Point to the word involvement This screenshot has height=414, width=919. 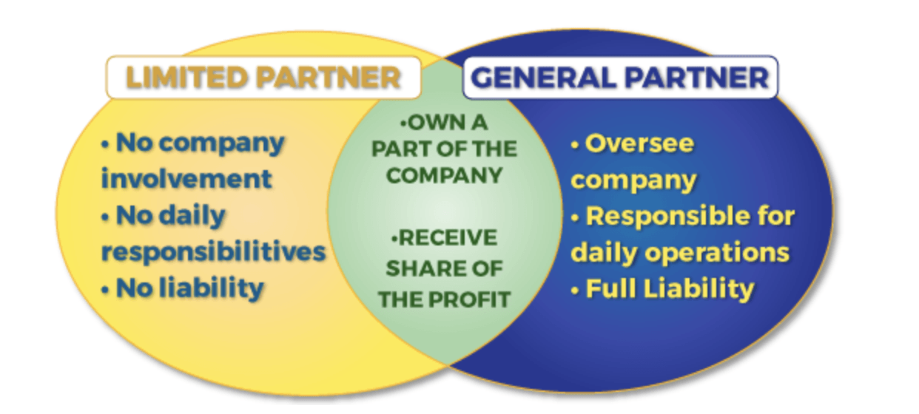[x=186, y=178]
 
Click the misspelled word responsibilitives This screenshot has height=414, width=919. [x=213, y=251]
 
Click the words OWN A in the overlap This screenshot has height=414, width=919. [x=445, y=122]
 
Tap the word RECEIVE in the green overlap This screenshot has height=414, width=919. [x=447, y=239]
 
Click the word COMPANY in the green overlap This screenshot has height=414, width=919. [x=444, y=176]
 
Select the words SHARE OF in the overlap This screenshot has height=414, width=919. [x=444, y=269]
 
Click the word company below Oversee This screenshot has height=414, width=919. [x=633, y=180]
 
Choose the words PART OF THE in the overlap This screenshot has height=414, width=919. [x=444, y=149]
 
